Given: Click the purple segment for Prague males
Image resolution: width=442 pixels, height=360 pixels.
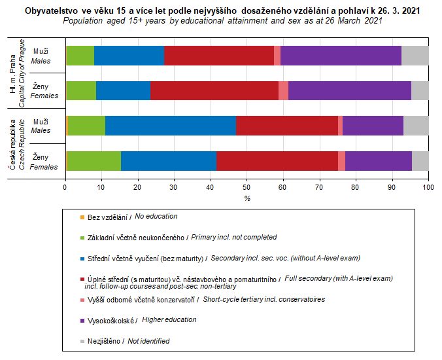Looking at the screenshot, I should tap(341, 56).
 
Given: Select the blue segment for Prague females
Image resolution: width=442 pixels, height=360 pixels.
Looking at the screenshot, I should tap(123, 90).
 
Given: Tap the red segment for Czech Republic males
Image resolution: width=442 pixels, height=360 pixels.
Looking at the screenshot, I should tap(287, 126).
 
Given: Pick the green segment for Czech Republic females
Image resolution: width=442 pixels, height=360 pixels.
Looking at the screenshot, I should tap(93, 160).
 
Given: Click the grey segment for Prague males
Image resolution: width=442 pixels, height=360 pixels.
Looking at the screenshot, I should tap(415, 56).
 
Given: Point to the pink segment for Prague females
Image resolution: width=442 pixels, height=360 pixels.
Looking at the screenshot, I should tap(283, 90).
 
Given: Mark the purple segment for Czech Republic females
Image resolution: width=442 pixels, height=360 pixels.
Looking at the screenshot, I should tap(379, 160).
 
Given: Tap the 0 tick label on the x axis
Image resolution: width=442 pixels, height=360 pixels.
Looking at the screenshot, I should tap(65, 188).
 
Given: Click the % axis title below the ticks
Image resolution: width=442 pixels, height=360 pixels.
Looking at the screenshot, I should tap(247, 198).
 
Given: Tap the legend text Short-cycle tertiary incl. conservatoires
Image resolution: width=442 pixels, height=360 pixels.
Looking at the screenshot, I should tap(263, 299).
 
